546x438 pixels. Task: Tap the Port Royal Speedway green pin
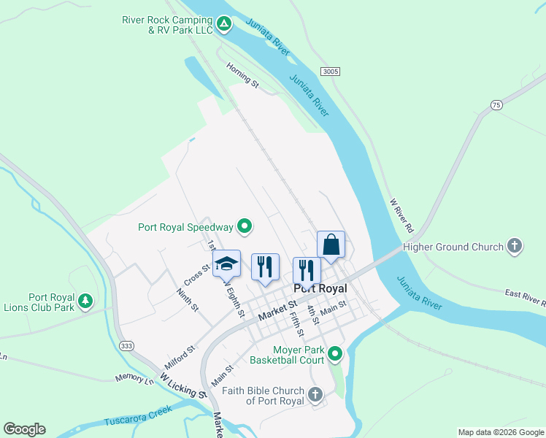click(x=246, y=226)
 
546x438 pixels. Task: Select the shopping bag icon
click(x=331, y=244)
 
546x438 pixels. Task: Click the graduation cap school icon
click(x=226, y=264)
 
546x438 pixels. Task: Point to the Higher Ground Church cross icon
click(x=515, y=247)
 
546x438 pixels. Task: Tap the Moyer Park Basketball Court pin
click(x=335, y=355)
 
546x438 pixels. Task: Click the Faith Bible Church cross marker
click(x=315, y=395)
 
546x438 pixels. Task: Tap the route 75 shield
click(x=496, y=105)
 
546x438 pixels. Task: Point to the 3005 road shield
click(x=330, y=71)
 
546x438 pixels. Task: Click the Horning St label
click(x=242, y=74)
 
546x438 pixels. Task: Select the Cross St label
click(x=197, y=277)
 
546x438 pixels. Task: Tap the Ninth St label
click(x=188, y=299)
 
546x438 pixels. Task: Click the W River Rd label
click(x=401, y=215)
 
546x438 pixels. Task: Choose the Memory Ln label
click(x=134, y=379)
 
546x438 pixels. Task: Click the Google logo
click(x=24, y=429)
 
